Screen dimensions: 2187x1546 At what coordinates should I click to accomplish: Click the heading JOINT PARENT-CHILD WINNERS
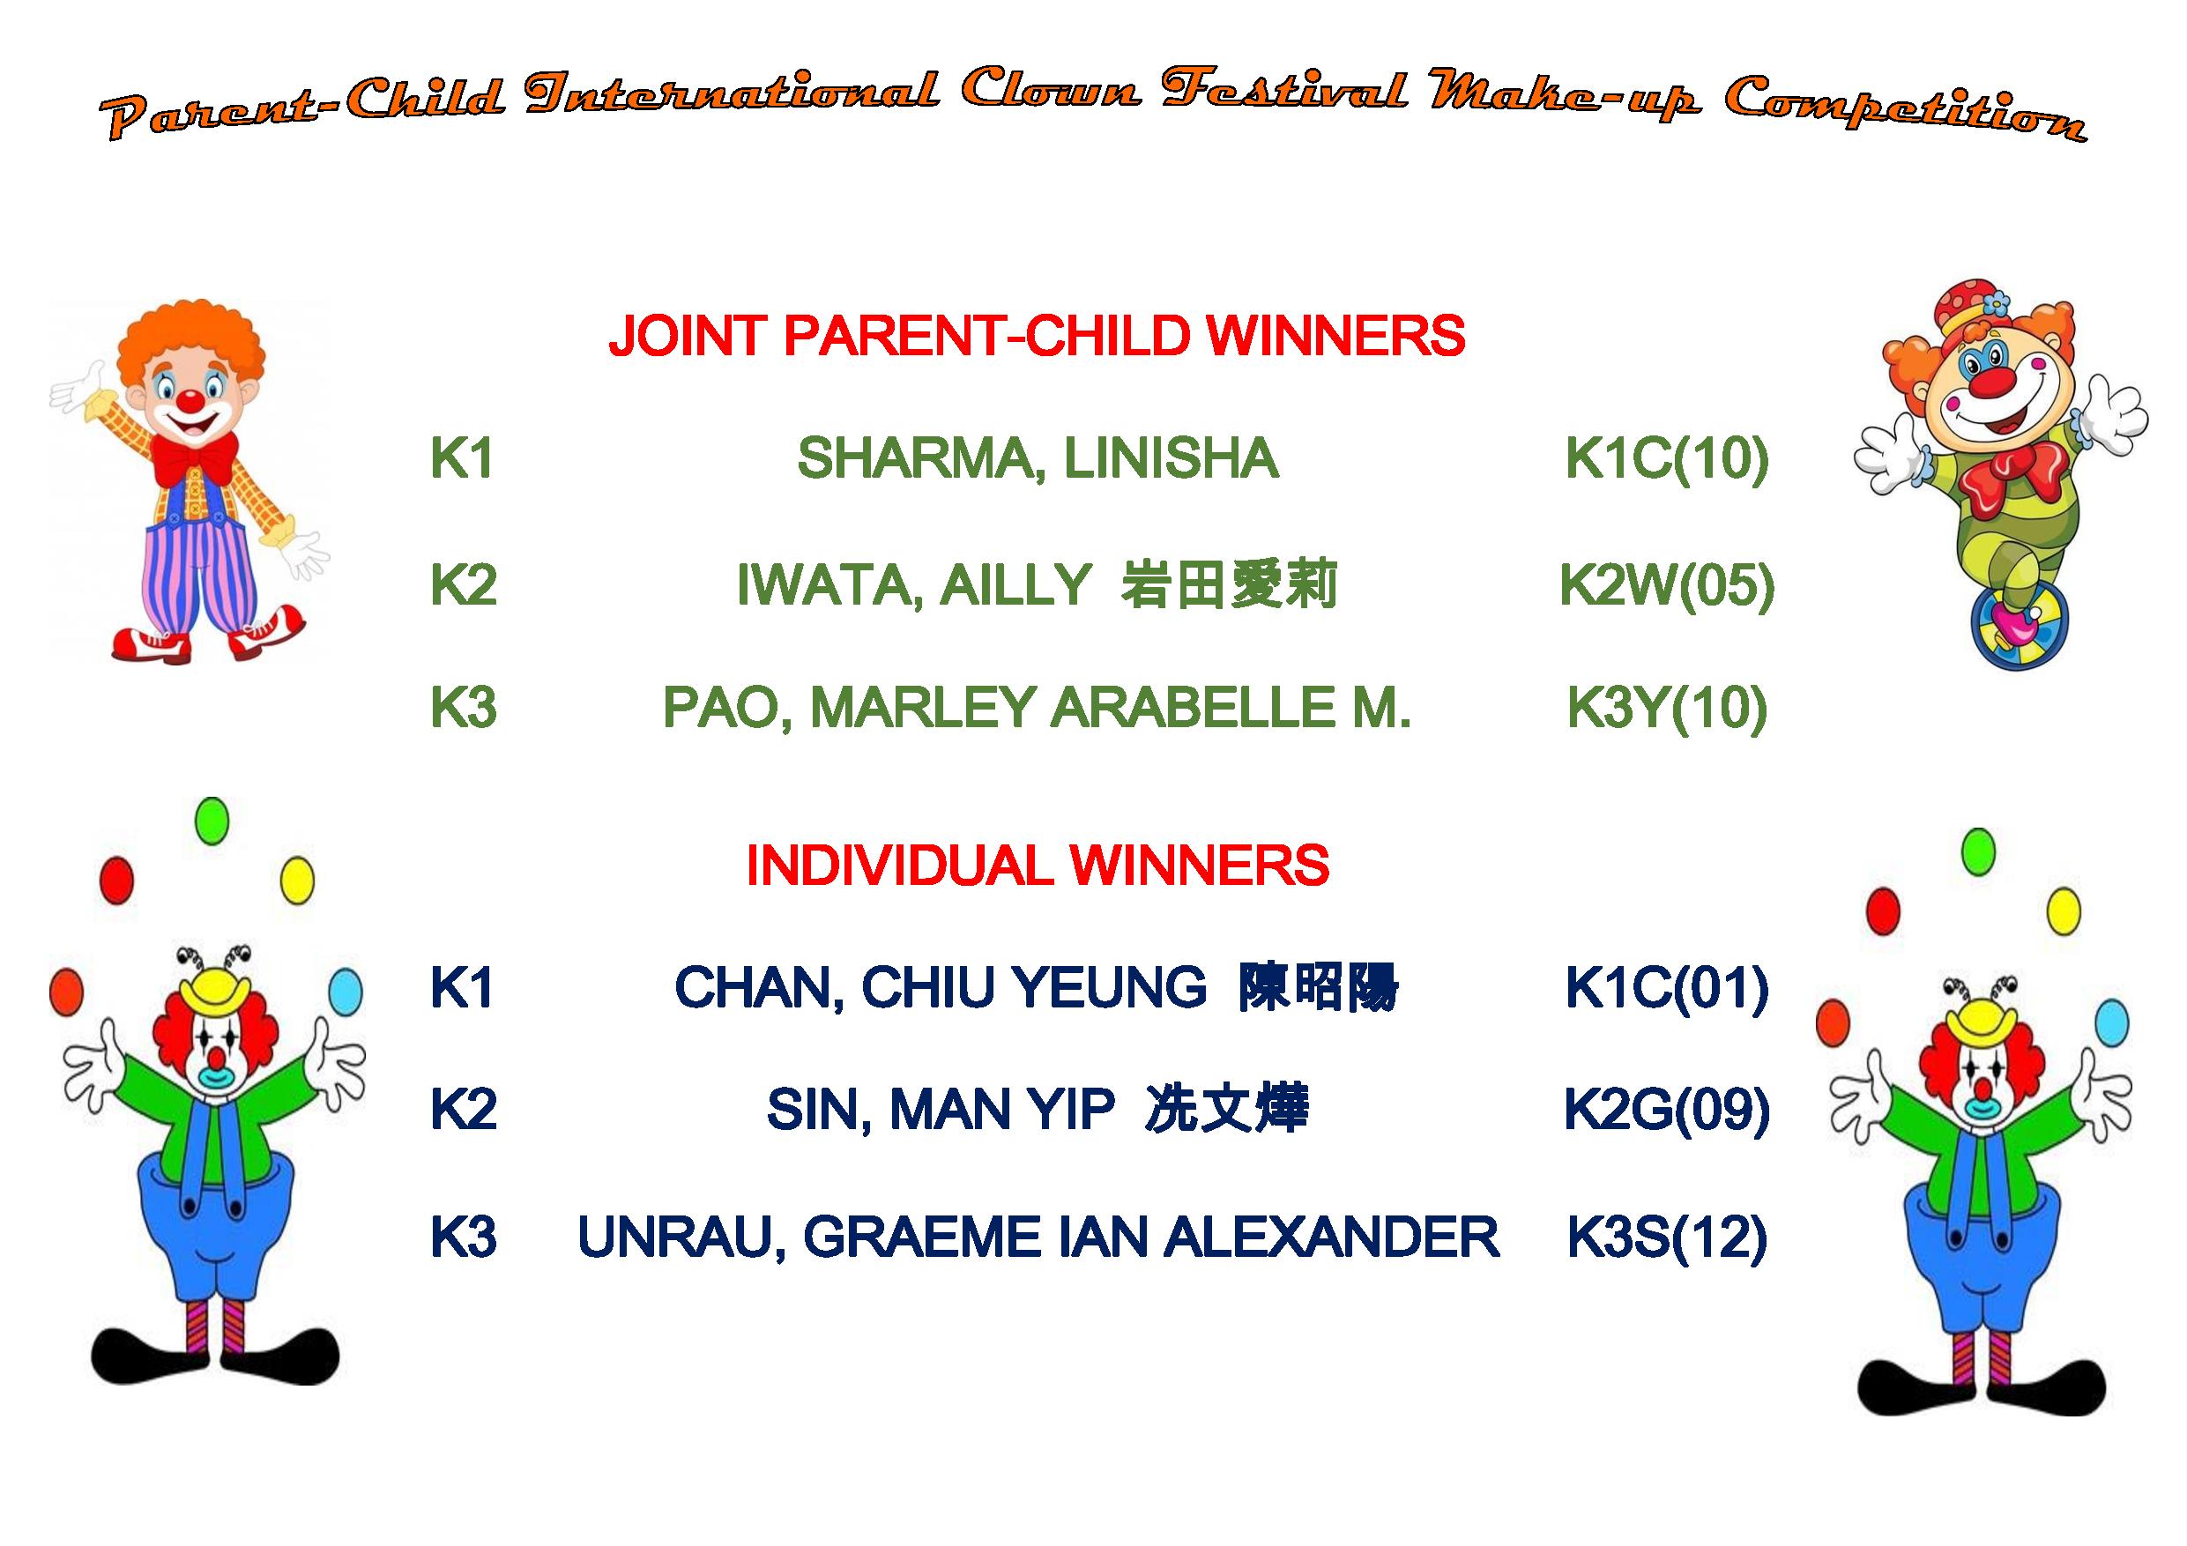pyautogui.click(x=1037, y=336)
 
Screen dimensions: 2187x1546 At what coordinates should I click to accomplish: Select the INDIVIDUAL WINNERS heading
pyautogui.click(x=1038, y=866)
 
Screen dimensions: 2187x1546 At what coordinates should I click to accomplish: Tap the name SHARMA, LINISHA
pyautogui.click(x=1038, y=459)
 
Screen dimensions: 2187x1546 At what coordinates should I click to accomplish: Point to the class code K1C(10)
pyautogui.click(x=1667, y=459)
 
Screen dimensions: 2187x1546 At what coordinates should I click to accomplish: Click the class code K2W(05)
pyautogui.click(x=1667, y=585)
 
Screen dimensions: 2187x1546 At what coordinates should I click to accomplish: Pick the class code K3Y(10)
pyautogui.click(x=1667, y=708)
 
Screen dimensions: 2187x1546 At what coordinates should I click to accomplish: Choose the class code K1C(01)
pyautogui.click(x=1667, y=988)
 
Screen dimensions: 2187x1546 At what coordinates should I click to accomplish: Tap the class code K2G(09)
pyautogui.click(x=1667, y=1111)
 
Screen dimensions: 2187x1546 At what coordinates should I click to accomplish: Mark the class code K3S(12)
pyautogui.click(x=1667, y=1238)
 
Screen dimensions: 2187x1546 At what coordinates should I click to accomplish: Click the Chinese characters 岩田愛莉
pyautogui.click(x=1230, y=585)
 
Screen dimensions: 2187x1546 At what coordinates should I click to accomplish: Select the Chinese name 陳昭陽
pyautogui.click(x=1319, y=988)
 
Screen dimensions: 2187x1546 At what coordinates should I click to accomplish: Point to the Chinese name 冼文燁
pyautogui.click(x=1227, y=1110)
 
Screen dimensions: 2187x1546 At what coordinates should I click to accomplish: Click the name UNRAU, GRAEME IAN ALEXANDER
pyautogui.click(x=1038, y=1238)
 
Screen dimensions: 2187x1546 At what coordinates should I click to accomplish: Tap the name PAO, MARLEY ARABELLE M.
pyautogui.click(x=1037, y=708)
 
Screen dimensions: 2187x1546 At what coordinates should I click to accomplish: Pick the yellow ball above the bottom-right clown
pyautogui.click(x=2064, y=911)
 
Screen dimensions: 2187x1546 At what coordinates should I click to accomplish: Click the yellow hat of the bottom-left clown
pyautogui.click(x=217, y=992)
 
